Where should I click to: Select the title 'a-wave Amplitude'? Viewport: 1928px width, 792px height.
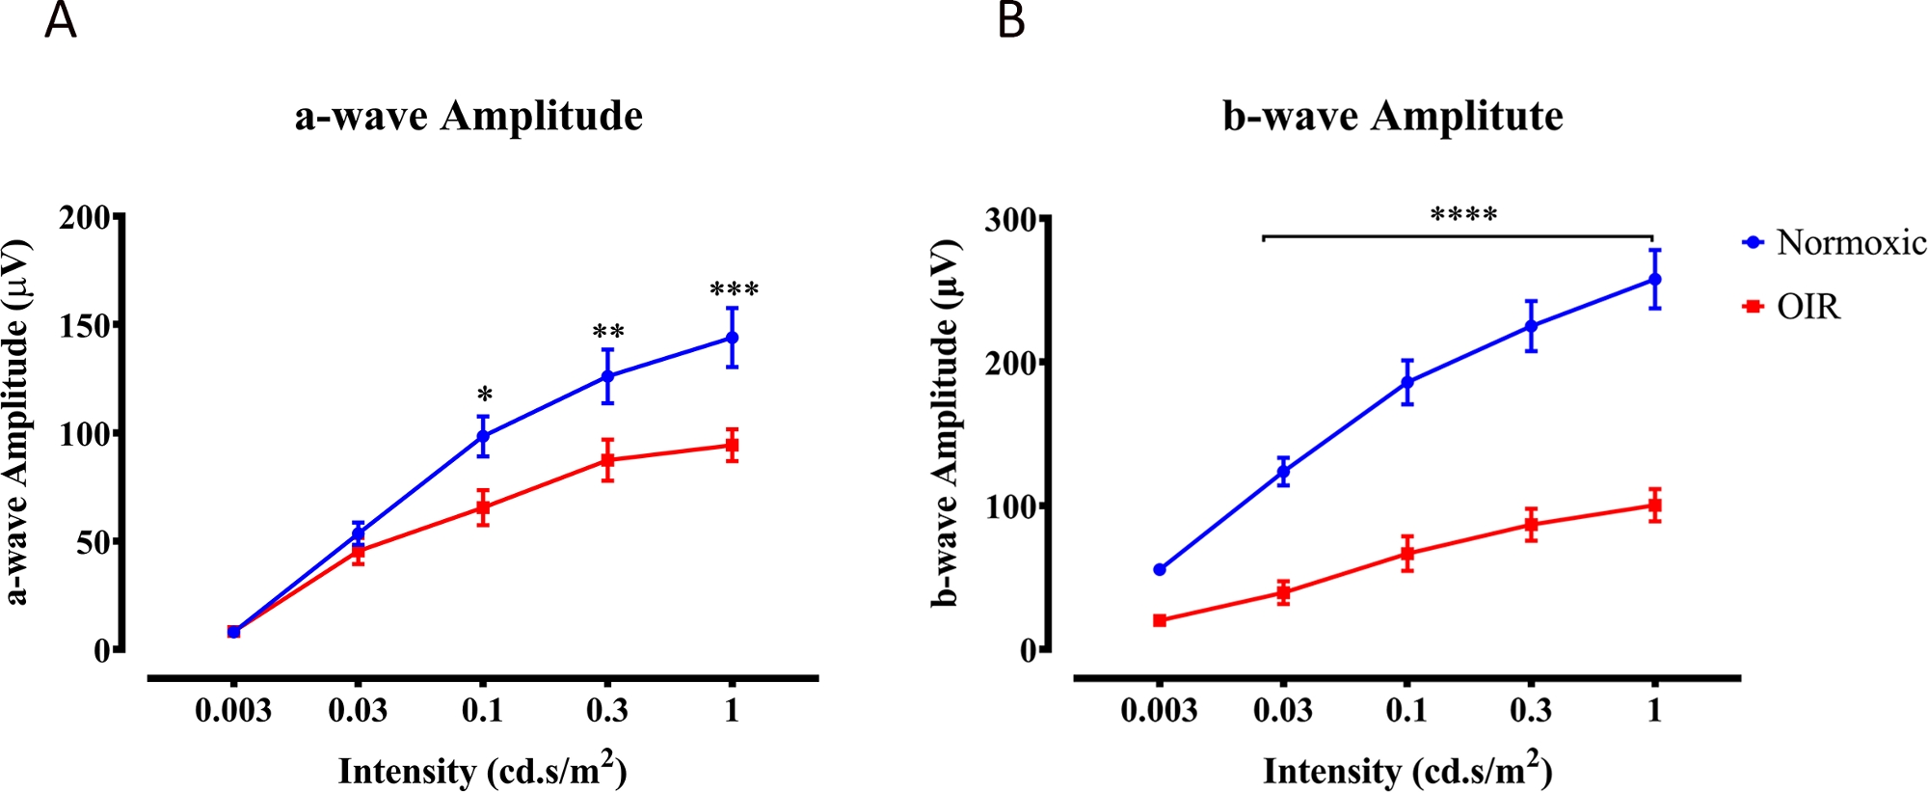tap(469, 117)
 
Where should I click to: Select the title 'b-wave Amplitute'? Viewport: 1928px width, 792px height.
tap(1392, 117)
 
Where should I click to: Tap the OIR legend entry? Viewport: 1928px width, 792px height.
tap(1807, 307)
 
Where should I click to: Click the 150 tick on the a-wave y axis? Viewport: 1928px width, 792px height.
tap(85, 325)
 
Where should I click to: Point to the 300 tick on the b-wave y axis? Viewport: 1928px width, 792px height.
tap(1011, 220)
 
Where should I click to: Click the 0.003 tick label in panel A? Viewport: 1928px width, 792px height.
tap(233, 712)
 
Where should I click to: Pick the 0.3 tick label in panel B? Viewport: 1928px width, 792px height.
tap(1531, 712)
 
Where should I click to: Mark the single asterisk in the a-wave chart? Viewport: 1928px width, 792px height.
tap(484, 396)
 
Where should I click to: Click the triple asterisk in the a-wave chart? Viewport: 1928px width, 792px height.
tap(734, 290)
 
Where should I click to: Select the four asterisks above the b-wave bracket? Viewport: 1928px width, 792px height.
tap(1463, 215)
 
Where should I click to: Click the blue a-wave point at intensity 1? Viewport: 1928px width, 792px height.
tap(733, 338)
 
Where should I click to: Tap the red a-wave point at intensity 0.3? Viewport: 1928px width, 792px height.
tap(607, 460)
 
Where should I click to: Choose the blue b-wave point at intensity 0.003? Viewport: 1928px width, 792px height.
tap(1160, 570)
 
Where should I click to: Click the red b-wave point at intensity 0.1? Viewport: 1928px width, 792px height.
tap(1407, 554)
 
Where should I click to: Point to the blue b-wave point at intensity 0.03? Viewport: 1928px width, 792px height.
tap(1283, 472)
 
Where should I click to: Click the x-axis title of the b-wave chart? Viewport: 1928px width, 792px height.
tap(1407, 772)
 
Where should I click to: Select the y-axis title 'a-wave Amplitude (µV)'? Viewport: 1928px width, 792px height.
tap(17, 423)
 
